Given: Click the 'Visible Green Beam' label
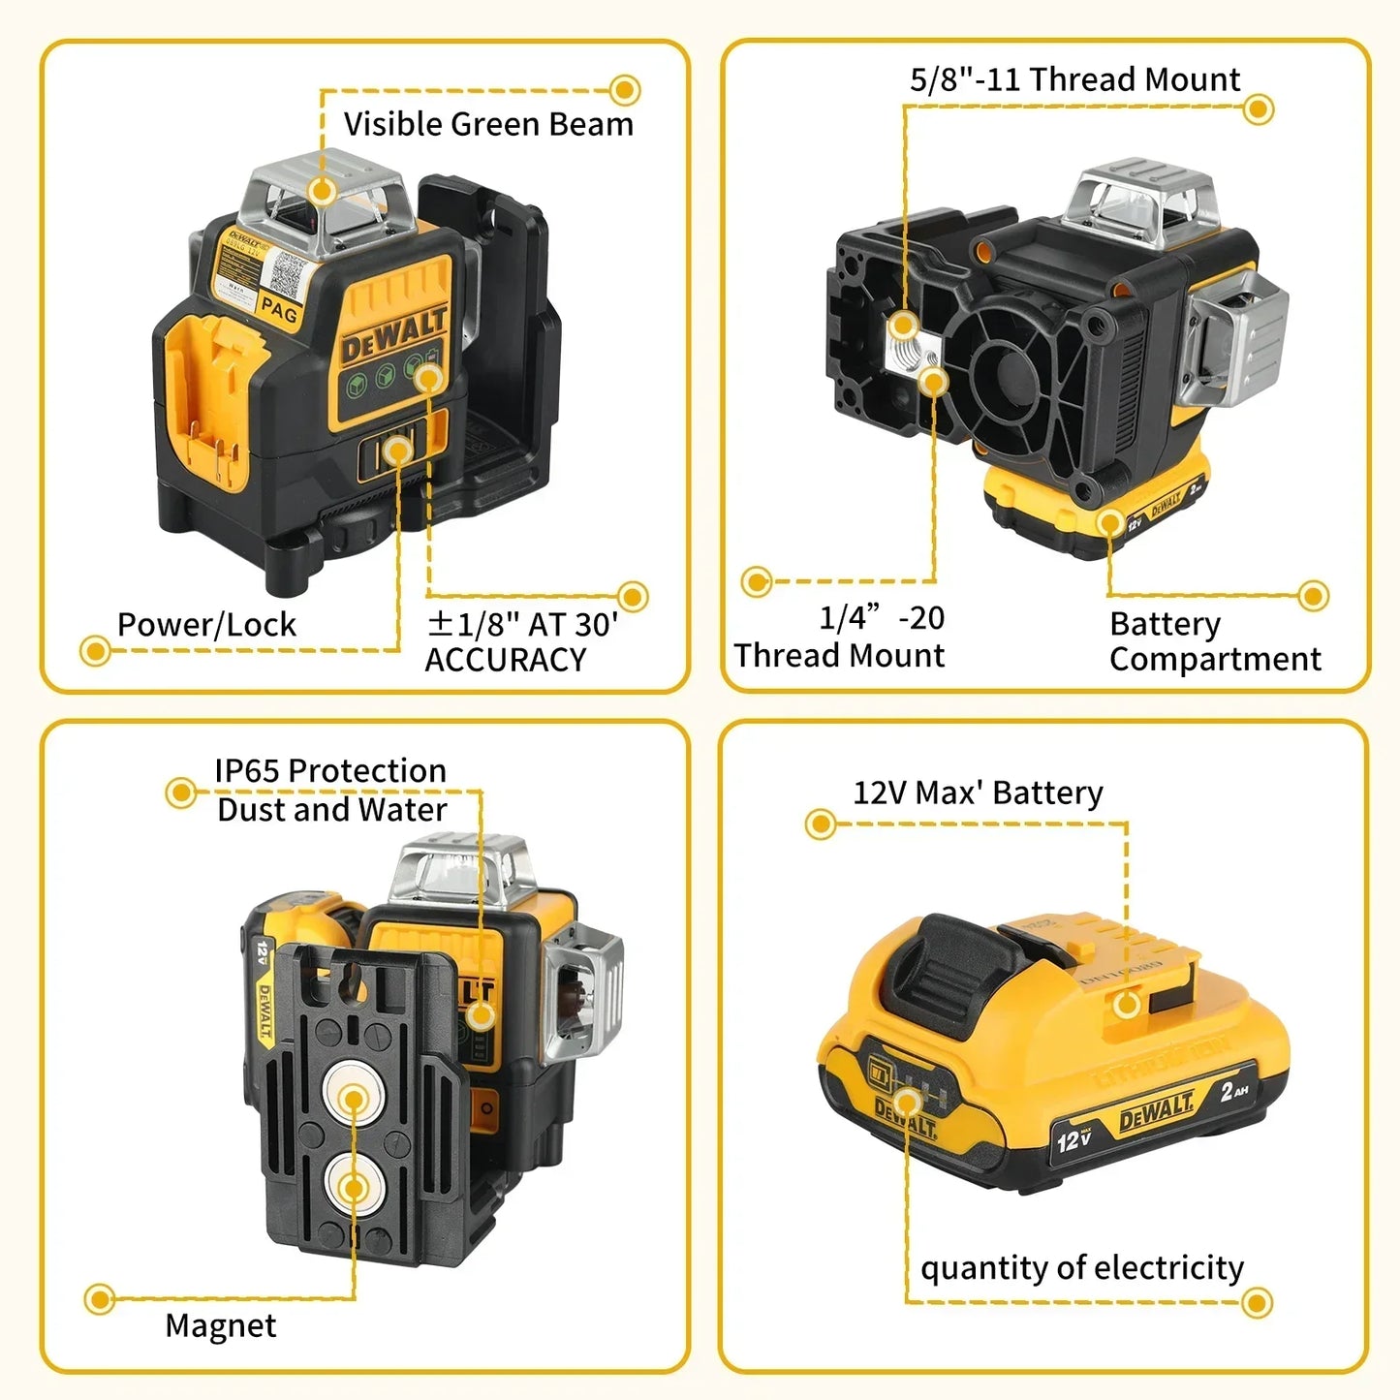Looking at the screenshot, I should point(488,125).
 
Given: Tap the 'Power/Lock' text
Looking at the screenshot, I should point(206,625).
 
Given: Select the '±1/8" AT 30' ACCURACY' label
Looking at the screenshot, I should point(521,641).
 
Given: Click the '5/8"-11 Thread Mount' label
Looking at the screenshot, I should point(1074,79).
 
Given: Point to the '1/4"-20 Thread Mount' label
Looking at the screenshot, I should point(839,637).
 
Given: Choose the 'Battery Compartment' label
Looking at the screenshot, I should point(1214,640).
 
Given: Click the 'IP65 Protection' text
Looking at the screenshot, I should point(330,771).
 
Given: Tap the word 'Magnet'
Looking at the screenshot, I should point(221,1324).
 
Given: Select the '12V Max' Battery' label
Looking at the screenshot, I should point(978,793).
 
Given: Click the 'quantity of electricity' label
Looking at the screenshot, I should point(1081,1267).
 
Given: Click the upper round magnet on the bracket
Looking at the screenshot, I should point(354,1099).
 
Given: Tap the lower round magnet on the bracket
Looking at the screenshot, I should point(354,1187).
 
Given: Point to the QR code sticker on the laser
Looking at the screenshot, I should point(288,274).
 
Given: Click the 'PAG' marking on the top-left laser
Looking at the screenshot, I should point(279,310).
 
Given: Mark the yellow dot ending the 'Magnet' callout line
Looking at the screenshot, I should point(99,1299).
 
